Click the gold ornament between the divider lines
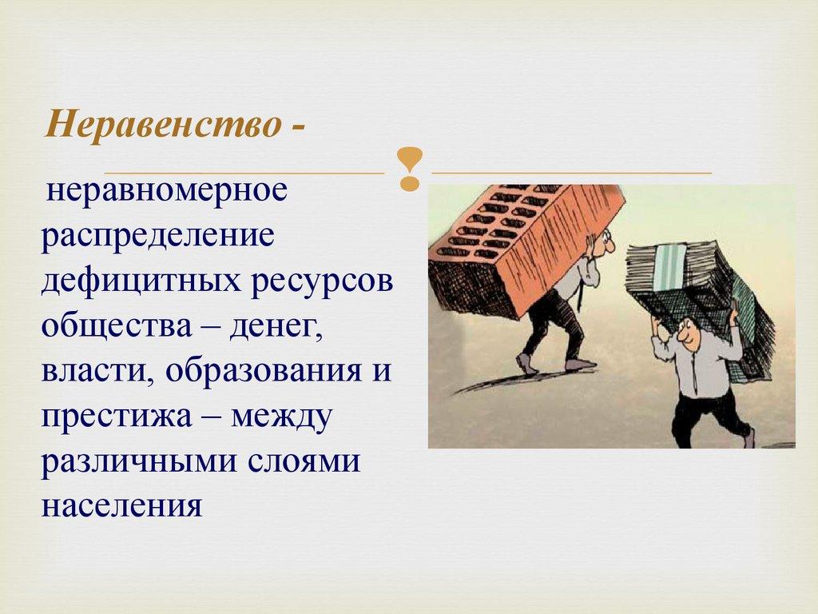click(408, 169)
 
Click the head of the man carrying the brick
click(602, 240)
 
